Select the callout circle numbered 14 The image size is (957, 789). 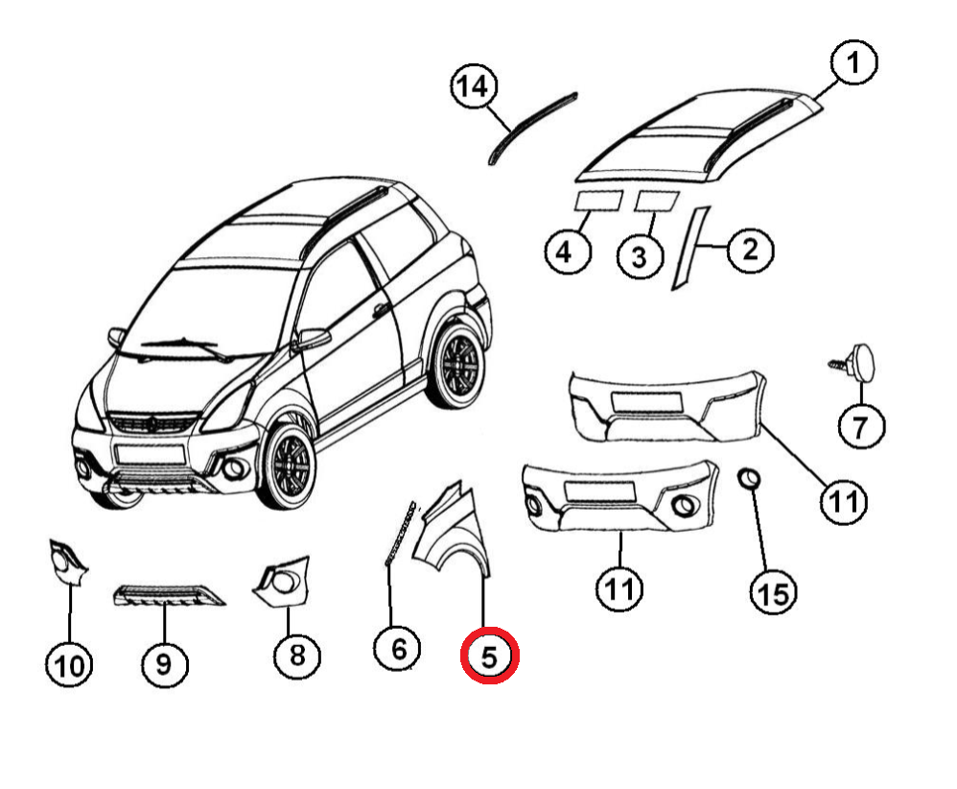[x=472, y=88]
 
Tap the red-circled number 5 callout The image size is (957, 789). [x=490, y=657]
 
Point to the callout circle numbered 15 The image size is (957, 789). [x=773, y=593]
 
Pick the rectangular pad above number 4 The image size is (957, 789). [x=596, y=201]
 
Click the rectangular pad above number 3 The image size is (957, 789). [x=657, y=200]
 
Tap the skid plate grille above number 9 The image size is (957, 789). [x=167, y=595]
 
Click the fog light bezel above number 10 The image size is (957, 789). [x=66, y=563]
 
